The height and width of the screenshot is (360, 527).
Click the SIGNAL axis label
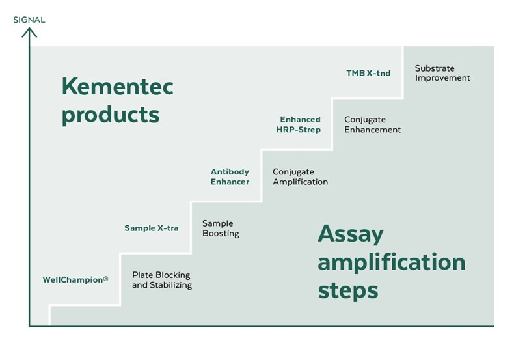pyautogui.click(x=29, y=20)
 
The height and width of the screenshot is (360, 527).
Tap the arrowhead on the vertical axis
pyautogui.click(x=29, y=32)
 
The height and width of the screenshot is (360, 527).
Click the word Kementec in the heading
pyautogui.click(x=118, y=87)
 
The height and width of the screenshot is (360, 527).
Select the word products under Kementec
pyautogui.click(x=111, y=115)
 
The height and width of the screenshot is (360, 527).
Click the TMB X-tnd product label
pyautogui.click(x=368, y=73)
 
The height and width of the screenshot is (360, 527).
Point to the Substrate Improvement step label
pyautogui.click(x=442, y=73)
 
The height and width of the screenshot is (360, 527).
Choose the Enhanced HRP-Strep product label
pyautogui.click(x=299, y=124)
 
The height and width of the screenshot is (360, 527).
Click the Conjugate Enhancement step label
pyautogui.click(x=372, y=124)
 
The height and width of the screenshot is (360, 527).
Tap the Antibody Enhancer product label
pyautogui.click(x=230, y=176)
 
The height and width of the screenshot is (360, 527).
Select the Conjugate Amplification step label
pyautogui.click(x=300, y=176)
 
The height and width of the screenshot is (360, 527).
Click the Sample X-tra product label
pyautogui.click(x=151, y=228)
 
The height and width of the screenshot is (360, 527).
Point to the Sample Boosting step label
pyautogui.click(x=221, y=228)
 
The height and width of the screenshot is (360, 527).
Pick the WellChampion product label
pyautogui.click(x=75, y=279)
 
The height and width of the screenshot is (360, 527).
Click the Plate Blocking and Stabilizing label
pyautogui.click(x=162, y=281)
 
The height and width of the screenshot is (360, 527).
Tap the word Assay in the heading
pyautogui.click(x=351, y=234)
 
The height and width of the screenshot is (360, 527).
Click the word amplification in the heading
pyautogui.click(x=392, y=262)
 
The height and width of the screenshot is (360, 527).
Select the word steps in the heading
pyautogui.click(x=348, y=291)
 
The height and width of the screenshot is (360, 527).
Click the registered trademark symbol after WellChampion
pyautogui.click(x=105, y=279)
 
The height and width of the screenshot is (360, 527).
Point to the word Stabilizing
pyautogui.click(x=170, y=285)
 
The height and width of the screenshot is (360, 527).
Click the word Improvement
pyautogui.click(x=442, y=78)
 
